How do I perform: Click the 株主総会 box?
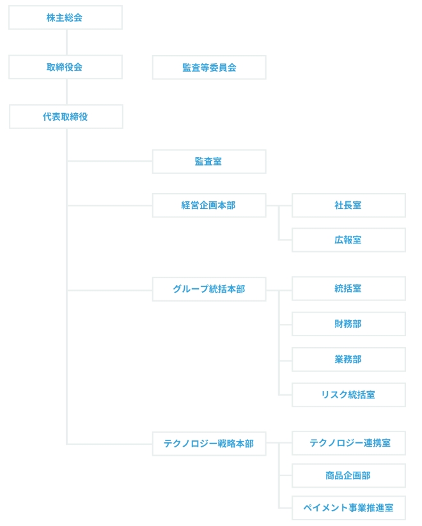coord(65,17)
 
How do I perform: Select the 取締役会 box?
coord(65,67)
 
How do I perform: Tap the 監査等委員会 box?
coord(209,67)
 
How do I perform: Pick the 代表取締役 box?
coord(66,117)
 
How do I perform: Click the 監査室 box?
coord(209,161)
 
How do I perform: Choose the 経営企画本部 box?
coord(209,205)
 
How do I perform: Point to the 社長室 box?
coord(349,205)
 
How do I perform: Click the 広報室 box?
coord(349,240)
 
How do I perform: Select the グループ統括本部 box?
coord(209,289)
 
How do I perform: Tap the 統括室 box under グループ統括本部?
coord(349,288)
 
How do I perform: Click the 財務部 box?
coord(349,324)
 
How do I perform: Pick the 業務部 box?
coord(349,360)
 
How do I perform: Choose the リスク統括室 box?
coord(349,395)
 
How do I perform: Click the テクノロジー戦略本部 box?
coord(209,444)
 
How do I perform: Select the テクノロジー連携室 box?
coord(349,443)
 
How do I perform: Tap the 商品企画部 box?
coord(349,476)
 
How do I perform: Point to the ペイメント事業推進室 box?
coord(349,508)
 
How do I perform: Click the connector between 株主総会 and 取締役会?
coord(66,43)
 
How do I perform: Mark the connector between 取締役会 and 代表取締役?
coord(66,92)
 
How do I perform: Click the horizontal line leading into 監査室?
coord(110,161)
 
